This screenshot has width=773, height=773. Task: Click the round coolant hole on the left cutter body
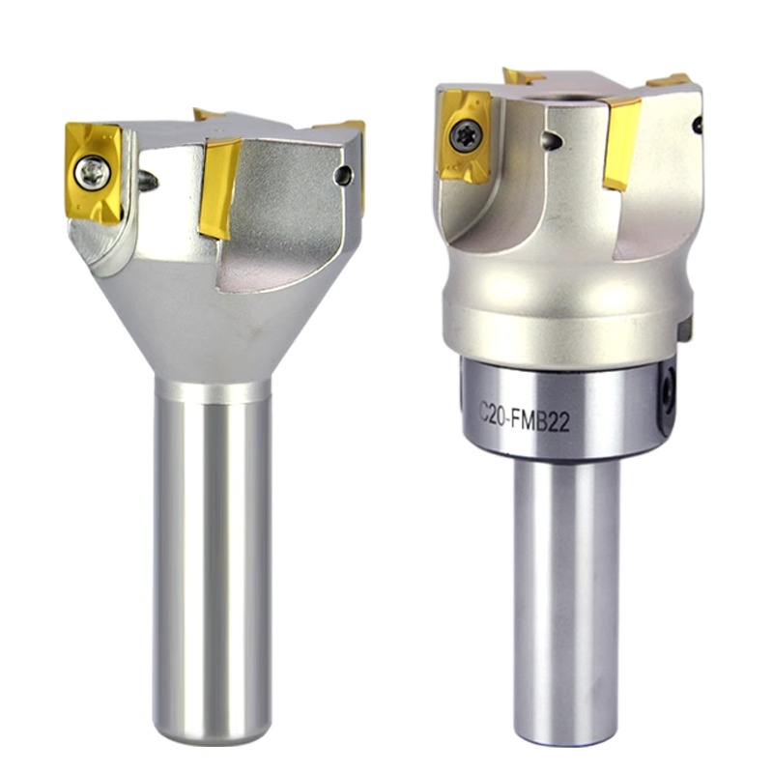click(x=343, y=175)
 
